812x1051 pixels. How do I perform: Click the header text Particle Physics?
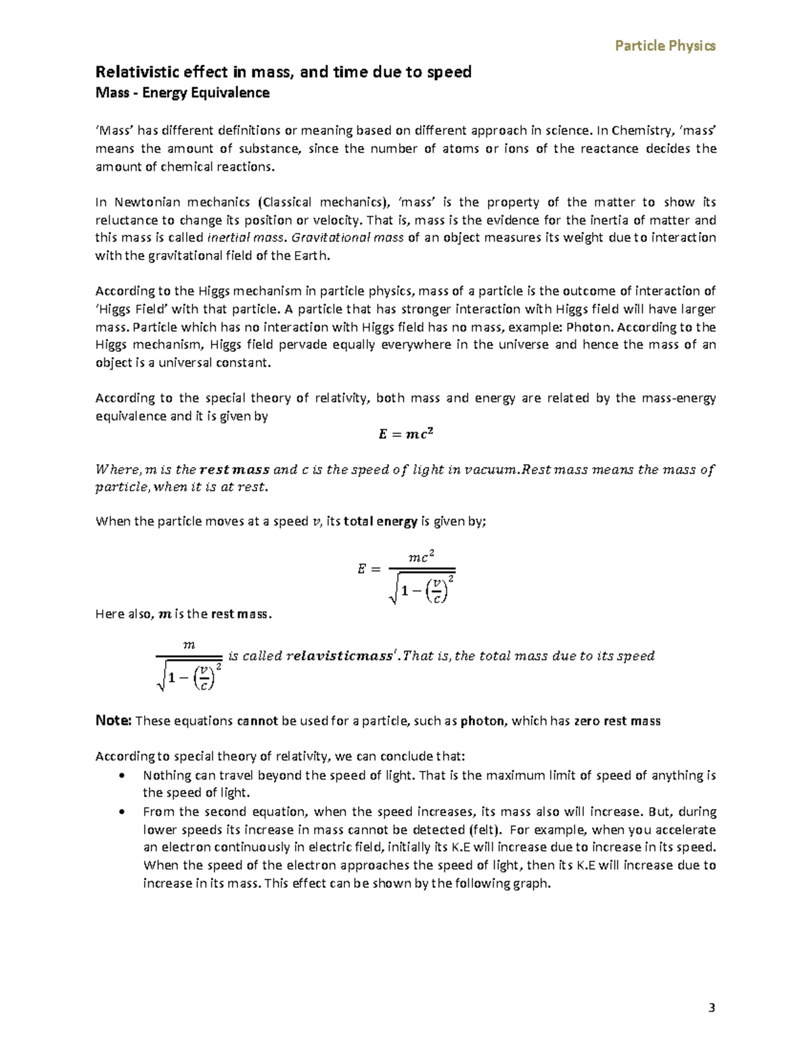click(665, 46)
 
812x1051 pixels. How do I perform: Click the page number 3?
click(711, 1008)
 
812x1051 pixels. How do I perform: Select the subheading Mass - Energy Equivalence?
click(183, 93)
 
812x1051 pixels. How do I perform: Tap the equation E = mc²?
click(405, 434)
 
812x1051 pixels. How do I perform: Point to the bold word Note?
click(113, 721)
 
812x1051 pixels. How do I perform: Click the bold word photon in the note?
click(482, 721)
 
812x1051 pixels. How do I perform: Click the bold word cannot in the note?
click(257, 721)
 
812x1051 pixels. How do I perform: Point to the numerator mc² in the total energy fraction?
click(421, 557)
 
